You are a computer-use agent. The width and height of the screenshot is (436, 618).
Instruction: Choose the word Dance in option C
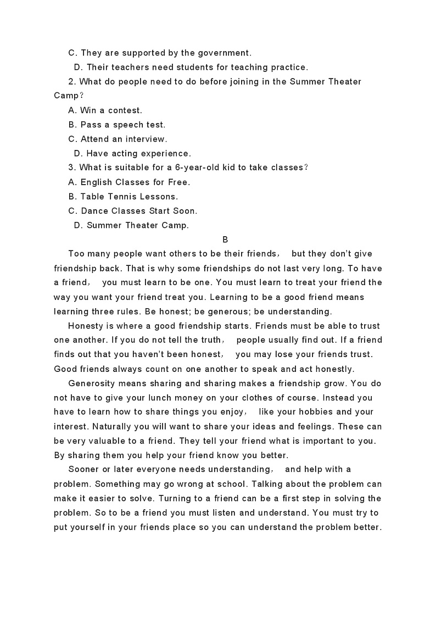[x=93, y=210]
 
